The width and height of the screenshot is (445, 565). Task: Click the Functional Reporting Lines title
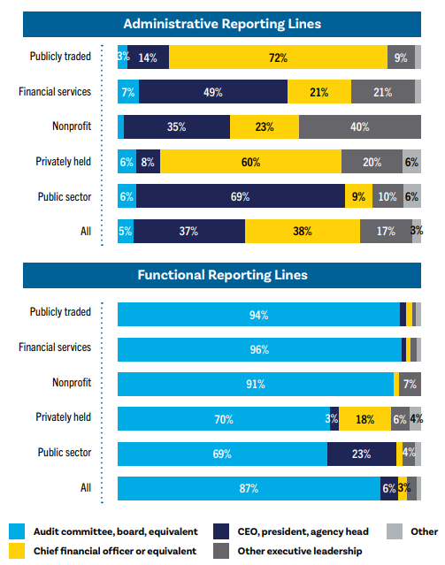point(222,275)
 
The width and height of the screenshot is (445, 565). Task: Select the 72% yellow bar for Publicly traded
point(278,57)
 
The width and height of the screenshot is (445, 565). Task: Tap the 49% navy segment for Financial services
point(212,92)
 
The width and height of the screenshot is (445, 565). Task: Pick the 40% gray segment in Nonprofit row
point(359,127)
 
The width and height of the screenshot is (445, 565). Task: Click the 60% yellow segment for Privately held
point(250,162)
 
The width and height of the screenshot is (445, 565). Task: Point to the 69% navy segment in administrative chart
point(240,196)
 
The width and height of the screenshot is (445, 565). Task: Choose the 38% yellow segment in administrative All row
point(302,232)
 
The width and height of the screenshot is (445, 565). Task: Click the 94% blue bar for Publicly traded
point(258,314)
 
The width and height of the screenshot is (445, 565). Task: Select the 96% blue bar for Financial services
point(259,348)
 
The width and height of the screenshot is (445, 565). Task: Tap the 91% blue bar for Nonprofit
point(255,384)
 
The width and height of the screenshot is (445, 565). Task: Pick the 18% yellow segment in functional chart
point(364,418)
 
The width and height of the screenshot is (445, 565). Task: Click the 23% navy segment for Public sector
point(361,454)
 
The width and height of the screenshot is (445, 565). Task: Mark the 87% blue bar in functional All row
point(249,488)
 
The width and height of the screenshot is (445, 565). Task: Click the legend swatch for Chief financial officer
point(16,552)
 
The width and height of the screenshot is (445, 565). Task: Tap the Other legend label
point(423,531)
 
